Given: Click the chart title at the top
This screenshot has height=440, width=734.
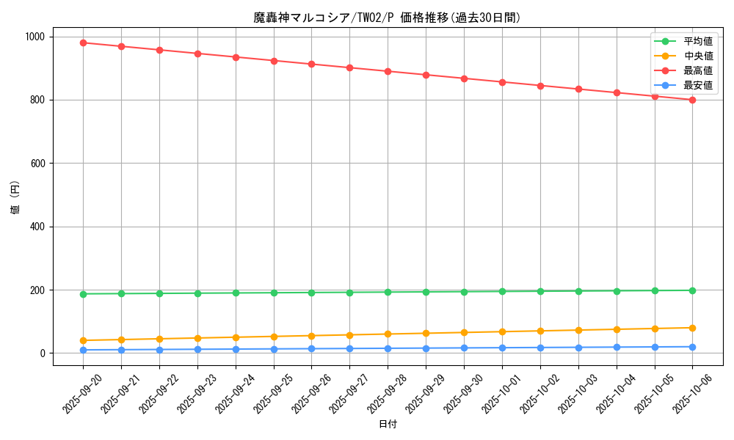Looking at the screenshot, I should (x=388, y=18).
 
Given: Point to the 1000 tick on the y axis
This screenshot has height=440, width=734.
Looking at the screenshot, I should (x=34, y=37).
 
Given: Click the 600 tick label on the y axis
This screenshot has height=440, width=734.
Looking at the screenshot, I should (x=37, y=164).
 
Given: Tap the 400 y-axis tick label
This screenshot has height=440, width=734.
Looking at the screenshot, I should (x=37, y=227).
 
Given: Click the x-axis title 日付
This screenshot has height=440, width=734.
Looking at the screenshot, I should (x=388, y=425).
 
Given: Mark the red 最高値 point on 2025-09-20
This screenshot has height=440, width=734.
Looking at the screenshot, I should (x=84, y=43).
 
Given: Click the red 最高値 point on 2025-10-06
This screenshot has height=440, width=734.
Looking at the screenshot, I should (x=692, y=100).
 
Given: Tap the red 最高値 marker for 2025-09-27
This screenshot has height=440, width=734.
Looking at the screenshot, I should (x=349, y=67).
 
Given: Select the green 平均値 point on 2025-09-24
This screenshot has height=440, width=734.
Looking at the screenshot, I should (x=236, y=293).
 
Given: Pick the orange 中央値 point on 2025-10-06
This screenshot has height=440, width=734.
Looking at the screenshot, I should (x=692, y=328).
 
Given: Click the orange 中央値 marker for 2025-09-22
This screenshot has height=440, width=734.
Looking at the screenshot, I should (x=159, y=339).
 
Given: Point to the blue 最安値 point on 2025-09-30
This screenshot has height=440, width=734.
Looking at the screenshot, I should (x=464, y=348).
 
